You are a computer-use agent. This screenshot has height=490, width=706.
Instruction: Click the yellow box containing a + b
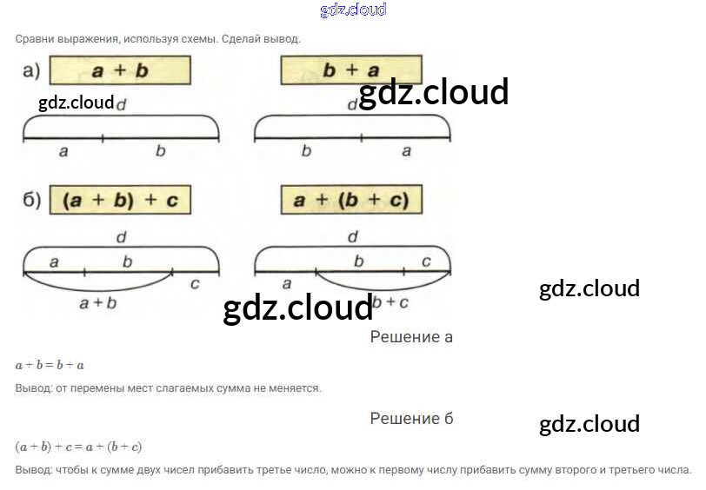[120, 70]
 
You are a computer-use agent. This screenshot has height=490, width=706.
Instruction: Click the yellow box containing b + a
[351, 70]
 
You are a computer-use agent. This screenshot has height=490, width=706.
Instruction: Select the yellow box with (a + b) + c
[120, 201]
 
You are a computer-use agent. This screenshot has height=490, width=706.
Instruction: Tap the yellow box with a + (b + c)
[351, 201]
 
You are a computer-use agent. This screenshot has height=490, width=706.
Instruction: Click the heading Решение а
[411, 337]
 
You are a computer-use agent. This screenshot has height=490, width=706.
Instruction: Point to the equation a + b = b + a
[50, 366]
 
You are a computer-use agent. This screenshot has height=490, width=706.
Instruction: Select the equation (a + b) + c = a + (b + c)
[78, 447]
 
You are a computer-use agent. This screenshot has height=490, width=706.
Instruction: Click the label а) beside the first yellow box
[31, 71]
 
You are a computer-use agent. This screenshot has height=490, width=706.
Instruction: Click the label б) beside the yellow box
[31, 201]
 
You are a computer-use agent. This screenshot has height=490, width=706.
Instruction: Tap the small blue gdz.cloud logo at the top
[353, 10]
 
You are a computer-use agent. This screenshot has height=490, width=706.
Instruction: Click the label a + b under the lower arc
[97, 303]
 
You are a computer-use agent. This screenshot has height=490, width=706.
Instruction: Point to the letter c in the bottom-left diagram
[194, 283]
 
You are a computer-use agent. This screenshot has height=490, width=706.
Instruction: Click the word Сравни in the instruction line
[34, 39]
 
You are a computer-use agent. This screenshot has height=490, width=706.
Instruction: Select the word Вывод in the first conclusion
[33, 388]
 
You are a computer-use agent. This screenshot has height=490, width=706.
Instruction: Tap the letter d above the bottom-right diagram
[352, 236]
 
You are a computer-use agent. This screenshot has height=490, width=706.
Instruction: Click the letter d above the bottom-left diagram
[120, 236]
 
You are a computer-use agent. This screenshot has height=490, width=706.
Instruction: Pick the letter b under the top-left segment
[160, 151]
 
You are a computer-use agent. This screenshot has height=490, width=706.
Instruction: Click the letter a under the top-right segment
[406, 151]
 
